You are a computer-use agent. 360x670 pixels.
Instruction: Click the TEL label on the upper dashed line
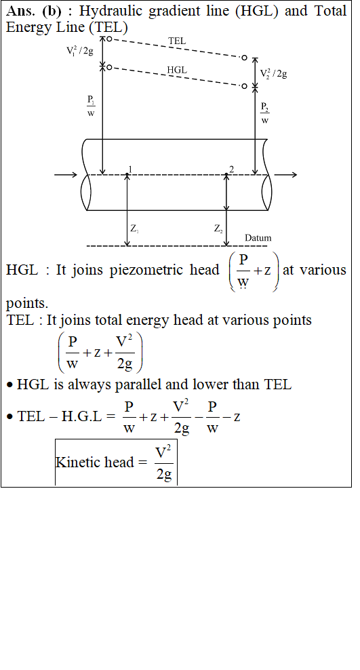point(177,41)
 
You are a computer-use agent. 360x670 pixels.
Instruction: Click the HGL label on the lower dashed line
point(177,70)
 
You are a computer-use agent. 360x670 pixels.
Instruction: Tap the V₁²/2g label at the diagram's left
point(79,51)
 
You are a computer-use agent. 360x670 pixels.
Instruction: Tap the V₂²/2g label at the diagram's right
point(273,73)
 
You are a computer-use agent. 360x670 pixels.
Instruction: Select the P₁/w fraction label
point(91,106)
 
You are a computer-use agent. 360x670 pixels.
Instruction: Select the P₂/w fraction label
point(265,113)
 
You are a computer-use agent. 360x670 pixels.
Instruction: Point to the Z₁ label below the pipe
point(134,229)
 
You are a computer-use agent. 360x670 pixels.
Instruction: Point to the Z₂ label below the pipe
point(218,229)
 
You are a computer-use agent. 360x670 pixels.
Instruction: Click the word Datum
point(258,238)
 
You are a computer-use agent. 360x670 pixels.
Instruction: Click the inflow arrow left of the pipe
point(66,174)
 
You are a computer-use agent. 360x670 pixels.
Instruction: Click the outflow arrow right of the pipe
point(285,174)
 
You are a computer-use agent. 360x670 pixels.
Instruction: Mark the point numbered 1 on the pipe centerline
point(127,174)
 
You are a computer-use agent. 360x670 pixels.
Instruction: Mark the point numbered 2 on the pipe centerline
point(226,174)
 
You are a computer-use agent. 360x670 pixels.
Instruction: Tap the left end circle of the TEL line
point(109,39)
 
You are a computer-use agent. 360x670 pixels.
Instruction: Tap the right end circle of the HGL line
point(244,86)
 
